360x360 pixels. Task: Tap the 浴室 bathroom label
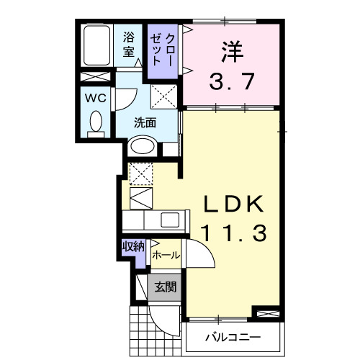[x=130, y=44]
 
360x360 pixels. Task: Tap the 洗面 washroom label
[x=145, y=122]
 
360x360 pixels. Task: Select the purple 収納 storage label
[x=133, y=246]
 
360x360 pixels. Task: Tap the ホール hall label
[x=166, y=255]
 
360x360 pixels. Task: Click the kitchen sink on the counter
[x=171, y=220]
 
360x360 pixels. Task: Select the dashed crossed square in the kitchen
[x=140, y=174]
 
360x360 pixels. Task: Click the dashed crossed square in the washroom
[x=163, y=96]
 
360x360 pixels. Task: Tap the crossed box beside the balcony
[x=266, y=314]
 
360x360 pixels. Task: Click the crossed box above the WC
[x=94, y=77]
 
